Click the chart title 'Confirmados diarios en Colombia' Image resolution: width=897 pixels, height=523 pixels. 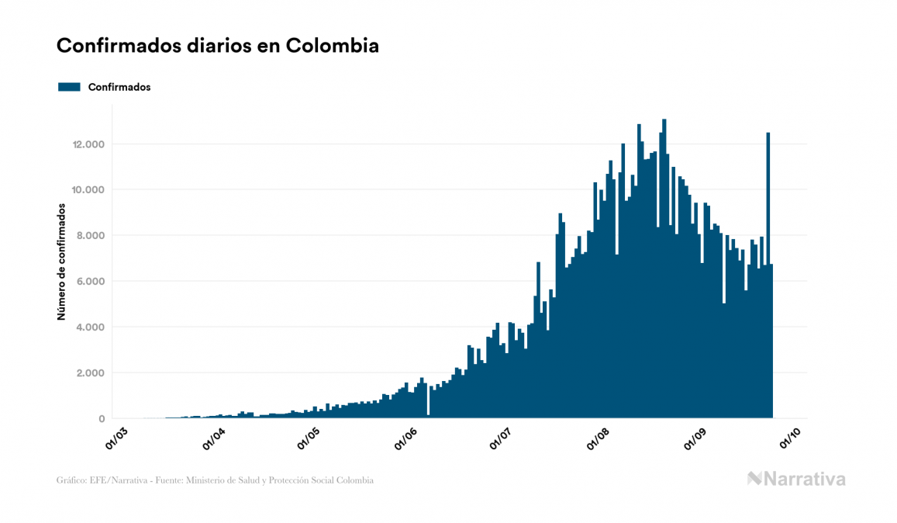tap(218, 46)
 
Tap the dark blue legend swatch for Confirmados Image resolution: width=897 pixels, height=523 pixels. tap(70, 88)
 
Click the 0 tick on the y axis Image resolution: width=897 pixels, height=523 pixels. tap(102, 419)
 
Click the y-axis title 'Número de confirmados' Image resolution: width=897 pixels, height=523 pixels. tap(60, 262)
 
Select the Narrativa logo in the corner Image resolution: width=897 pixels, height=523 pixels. tap(796, 479)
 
